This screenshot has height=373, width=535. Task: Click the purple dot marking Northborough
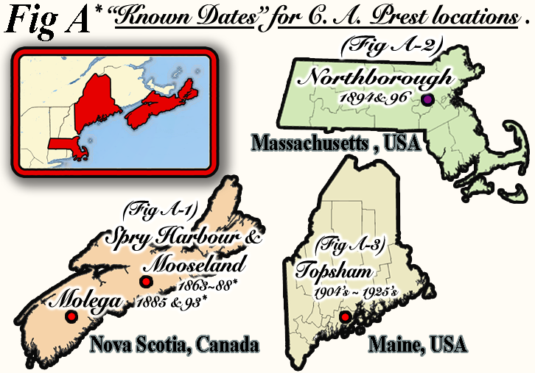pyautogui.click(x=427, y=100)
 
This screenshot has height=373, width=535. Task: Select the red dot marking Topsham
pyautogui.click(x=344, y=317)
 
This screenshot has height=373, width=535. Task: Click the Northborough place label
pyautogui.click(x=379, y=77)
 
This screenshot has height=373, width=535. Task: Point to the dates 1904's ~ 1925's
pyautogui.click(x=356, y=292)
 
